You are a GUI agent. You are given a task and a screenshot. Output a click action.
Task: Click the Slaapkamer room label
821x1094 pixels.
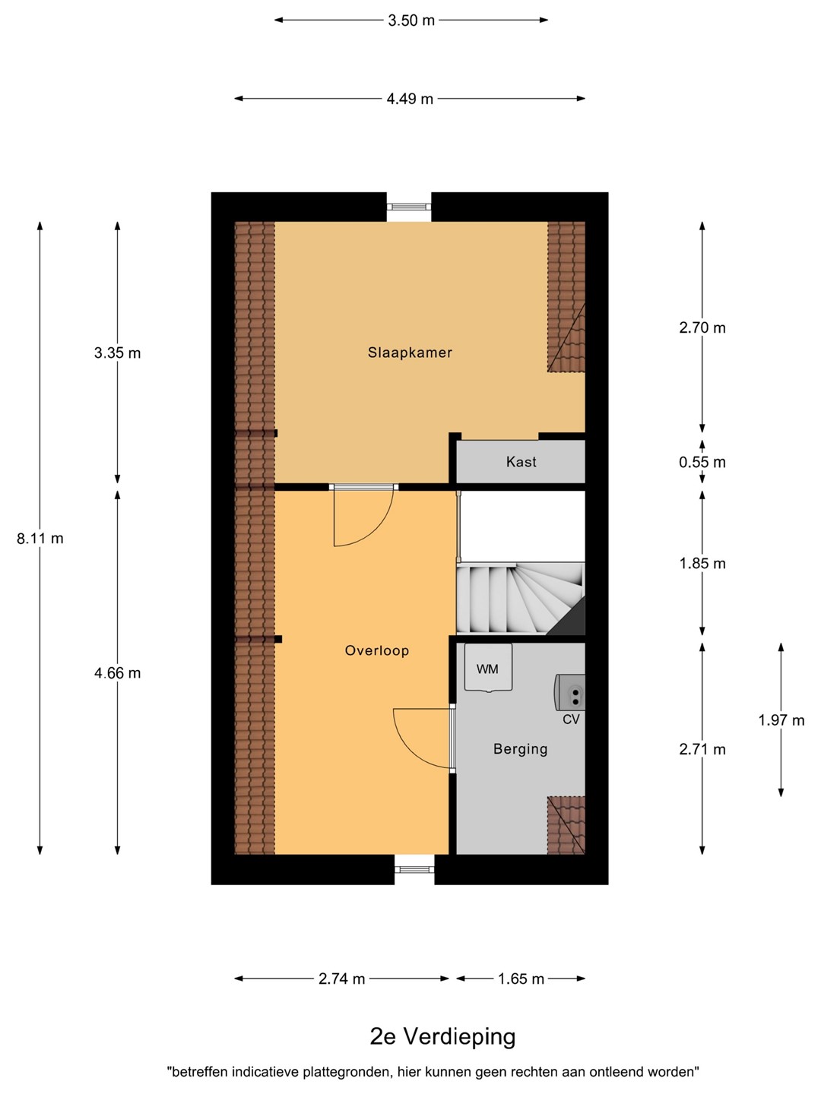(x=410, y=353)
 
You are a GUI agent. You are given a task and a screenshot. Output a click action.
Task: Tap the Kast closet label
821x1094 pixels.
(x=521, y=461)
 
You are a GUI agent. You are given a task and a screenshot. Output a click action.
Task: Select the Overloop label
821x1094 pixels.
(x=377, y=650)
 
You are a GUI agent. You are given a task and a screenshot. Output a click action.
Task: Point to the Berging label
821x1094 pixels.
(x=521, y=748)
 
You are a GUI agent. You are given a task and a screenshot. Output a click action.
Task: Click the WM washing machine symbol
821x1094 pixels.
(x=488, y=668)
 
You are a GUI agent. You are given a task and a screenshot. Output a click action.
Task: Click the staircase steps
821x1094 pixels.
(x=521, y=599)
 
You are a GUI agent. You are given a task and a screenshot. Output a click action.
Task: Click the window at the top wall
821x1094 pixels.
(x=409, y=207)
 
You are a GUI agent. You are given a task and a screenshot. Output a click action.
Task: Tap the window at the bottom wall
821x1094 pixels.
(x=414, y=869)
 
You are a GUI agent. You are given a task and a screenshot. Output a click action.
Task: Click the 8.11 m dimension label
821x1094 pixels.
(x=40, y=539)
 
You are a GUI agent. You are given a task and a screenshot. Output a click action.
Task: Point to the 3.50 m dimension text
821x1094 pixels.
(x=411, y=21)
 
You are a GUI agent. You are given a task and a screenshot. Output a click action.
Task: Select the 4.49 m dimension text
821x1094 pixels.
(x=410, y=99)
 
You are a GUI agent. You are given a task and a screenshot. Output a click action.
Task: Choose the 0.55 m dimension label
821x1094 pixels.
(x=702, y=462)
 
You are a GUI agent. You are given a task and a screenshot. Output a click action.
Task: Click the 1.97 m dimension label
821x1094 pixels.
(x=781, y=719)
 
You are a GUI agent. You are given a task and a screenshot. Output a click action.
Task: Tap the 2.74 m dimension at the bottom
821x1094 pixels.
(x=342, y=979)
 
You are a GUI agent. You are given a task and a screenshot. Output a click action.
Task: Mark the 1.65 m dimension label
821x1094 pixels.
(x=521, y=979)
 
